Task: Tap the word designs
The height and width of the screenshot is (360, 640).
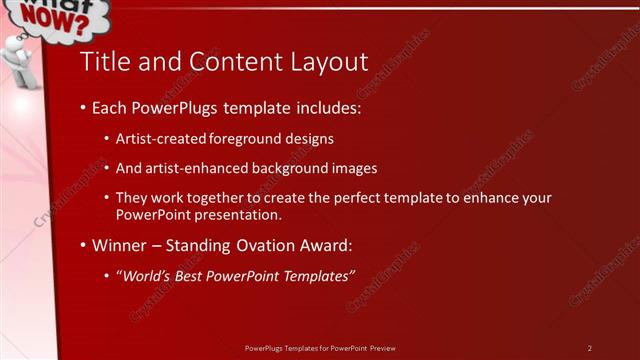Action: point(306,139)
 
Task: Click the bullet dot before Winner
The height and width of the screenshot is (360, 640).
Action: point(83,245)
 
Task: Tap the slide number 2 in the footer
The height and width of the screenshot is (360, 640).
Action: point(590,348)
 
